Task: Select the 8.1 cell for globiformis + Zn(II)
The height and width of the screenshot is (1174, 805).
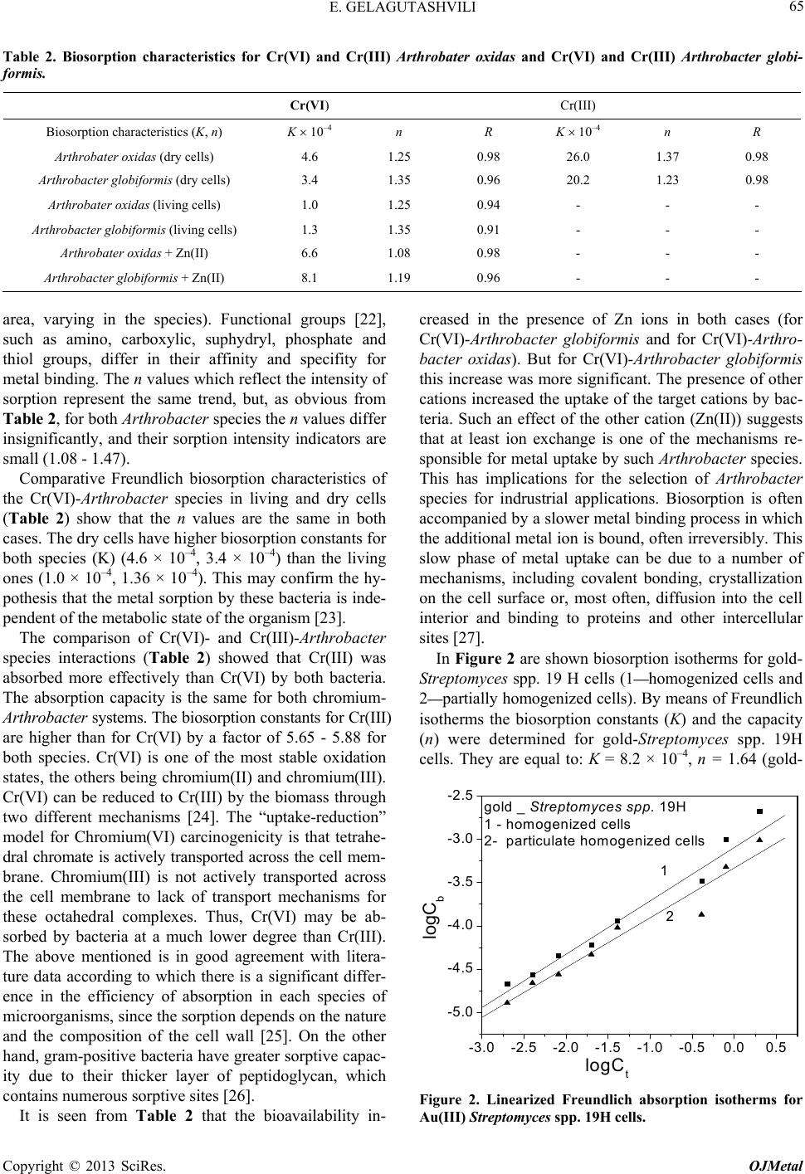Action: click(x=309, y=278)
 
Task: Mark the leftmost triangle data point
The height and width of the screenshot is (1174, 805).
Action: click(x=507, y=1002)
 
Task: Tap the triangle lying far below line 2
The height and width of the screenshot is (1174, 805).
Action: click(x=701, y=913)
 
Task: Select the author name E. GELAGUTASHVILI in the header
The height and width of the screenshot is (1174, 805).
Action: click(x=402, y=11)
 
